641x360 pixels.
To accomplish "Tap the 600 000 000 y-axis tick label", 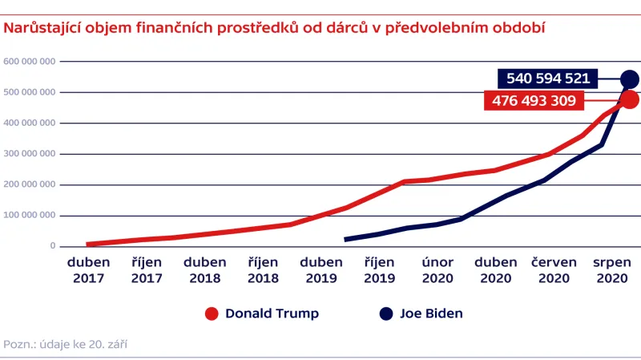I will click(30, 62).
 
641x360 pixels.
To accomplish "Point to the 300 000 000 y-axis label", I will click(30, 154).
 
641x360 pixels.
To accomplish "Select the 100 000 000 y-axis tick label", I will click(30, 216).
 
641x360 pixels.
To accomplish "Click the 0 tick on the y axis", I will click(51, 246).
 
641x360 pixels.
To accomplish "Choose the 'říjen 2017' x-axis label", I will click(147, 269).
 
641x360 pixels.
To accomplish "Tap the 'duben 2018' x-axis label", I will click(204, 269).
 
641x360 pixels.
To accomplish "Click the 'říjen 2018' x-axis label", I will click(263, 269).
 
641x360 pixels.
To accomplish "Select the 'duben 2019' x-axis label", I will click(321, 269).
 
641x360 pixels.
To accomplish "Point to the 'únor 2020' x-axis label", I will click(438, 269).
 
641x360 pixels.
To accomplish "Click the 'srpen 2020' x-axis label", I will click(612, 269).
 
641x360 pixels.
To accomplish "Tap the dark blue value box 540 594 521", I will click(548, 79).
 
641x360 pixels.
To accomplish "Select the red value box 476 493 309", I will click(534, 101).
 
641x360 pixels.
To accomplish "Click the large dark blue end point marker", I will click(629, 79).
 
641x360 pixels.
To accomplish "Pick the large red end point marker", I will click(629, 100).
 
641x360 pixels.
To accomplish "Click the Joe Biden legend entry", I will click(421, 313).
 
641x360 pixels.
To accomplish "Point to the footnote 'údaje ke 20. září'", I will click(66, 344).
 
